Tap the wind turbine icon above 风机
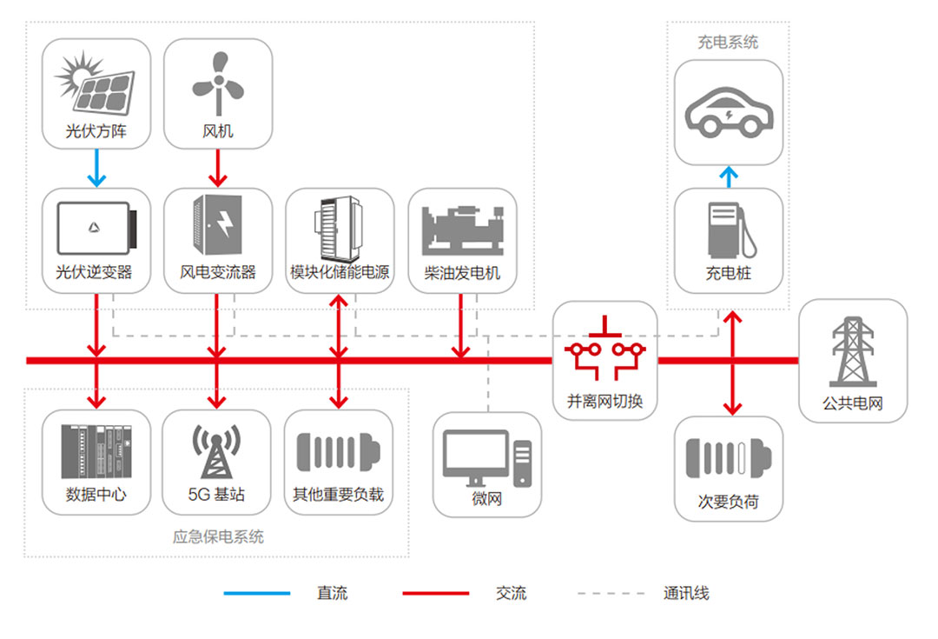tap(217, 83)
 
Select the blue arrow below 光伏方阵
tap(96, 169)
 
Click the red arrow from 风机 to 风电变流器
tap(217, 169)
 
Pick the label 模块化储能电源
tap(340, 272)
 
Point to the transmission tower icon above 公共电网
tap(852, 352)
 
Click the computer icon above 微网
tap(486, 457)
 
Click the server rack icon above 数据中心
tap(96, 452)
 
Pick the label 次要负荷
tap(729, 502)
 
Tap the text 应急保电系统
tap(217, 536)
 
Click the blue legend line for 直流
tap(257, 594)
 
